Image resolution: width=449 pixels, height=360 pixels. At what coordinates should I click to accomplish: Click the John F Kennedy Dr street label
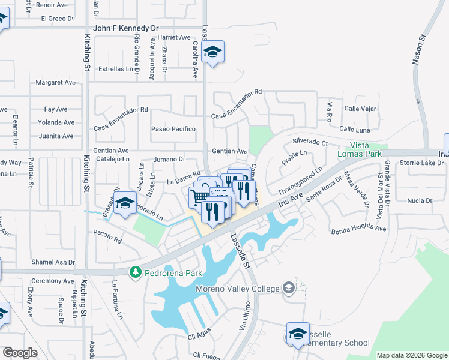[x=126, y=28]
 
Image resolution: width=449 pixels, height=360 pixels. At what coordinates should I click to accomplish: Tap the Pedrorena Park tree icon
[x=136, y=272]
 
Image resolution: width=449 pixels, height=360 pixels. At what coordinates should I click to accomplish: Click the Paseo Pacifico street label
[x=173, y=129]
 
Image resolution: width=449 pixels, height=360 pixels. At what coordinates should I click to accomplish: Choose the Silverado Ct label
[x=310, y=143]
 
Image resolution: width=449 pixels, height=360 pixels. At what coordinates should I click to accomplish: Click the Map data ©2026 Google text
[x=411, y=355]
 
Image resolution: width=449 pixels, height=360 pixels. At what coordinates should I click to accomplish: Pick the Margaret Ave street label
[x=56, y=82]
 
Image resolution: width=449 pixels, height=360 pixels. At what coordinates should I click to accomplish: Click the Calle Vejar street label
[x=360, y=109]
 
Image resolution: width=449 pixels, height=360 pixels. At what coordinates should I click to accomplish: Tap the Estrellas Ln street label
[x=115, y=69]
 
